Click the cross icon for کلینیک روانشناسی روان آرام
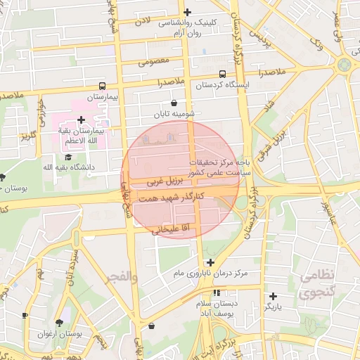click(187, 12)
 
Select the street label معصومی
click(154, 61)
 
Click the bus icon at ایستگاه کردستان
click(222, 74)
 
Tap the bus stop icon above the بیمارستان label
click(103, 85)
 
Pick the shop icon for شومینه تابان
click(174, 103)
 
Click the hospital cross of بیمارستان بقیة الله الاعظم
click(82, 120)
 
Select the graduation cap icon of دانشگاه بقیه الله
click(68, 156)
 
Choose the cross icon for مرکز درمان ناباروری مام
click(210, 262)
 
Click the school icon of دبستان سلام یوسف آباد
click(217, 292)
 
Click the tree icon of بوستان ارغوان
click(58, 323)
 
